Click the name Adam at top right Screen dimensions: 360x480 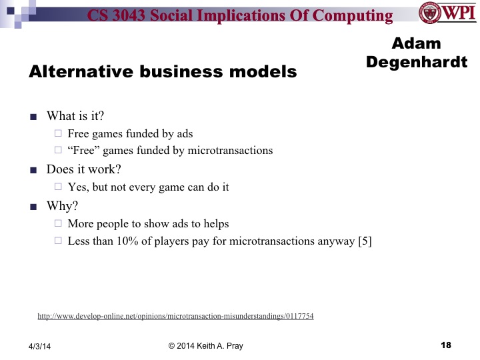[416, 44]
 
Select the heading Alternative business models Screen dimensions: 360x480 [162, 73]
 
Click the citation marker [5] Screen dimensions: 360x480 [365, 241]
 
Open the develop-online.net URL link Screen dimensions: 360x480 [175, 316]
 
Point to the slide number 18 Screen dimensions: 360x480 [446, 345]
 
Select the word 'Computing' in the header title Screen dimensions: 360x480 [357, 16]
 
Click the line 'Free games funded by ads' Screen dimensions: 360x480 [130, 133]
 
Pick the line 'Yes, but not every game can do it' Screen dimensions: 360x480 [148, 187]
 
